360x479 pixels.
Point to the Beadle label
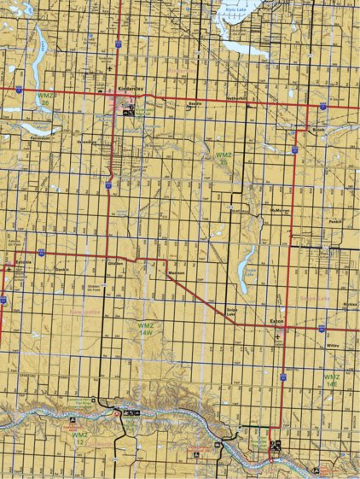pyautogui.click(x=195, y=100)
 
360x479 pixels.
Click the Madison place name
pyautogui.click(x=177, y=272)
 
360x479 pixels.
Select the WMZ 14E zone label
pyautogui.click(x=331, y=380)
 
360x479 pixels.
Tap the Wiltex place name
pyautogui.click(x=333, y=346)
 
